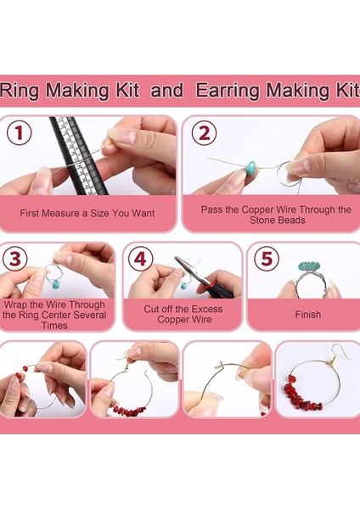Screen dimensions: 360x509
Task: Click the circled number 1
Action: pyautogui.click(x=20, y=132)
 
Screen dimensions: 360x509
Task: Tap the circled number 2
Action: pyautogui.click(x=204, y=133)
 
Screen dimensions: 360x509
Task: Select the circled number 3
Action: pyautogui.click(x=15, y=259)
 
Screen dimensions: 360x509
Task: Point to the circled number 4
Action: pyautogui.click(x=140, y=259)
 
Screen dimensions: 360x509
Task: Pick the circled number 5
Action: pyautogui.click(x=267, y=259)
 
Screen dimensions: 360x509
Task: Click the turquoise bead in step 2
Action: pyautogui.click(x=251, y=167)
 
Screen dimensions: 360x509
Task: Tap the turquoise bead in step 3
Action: pyautogui.click(x=57, y=285)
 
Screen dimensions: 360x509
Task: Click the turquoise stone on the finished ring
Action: pyautogui.click(x=309, y=267)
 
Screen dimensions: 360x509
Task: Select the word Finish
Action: pyautogui.click(x=308, y=315)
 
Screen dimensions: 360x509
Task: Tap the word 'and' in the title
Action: pyautogui.click(x=166, y=90)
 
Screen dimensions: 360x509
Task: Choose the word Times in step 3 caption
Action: pyautogui.click(x=55, y=325)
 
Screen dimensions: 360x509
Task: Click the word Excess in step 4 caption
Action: pyautogui.click(x=206, y=309)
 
